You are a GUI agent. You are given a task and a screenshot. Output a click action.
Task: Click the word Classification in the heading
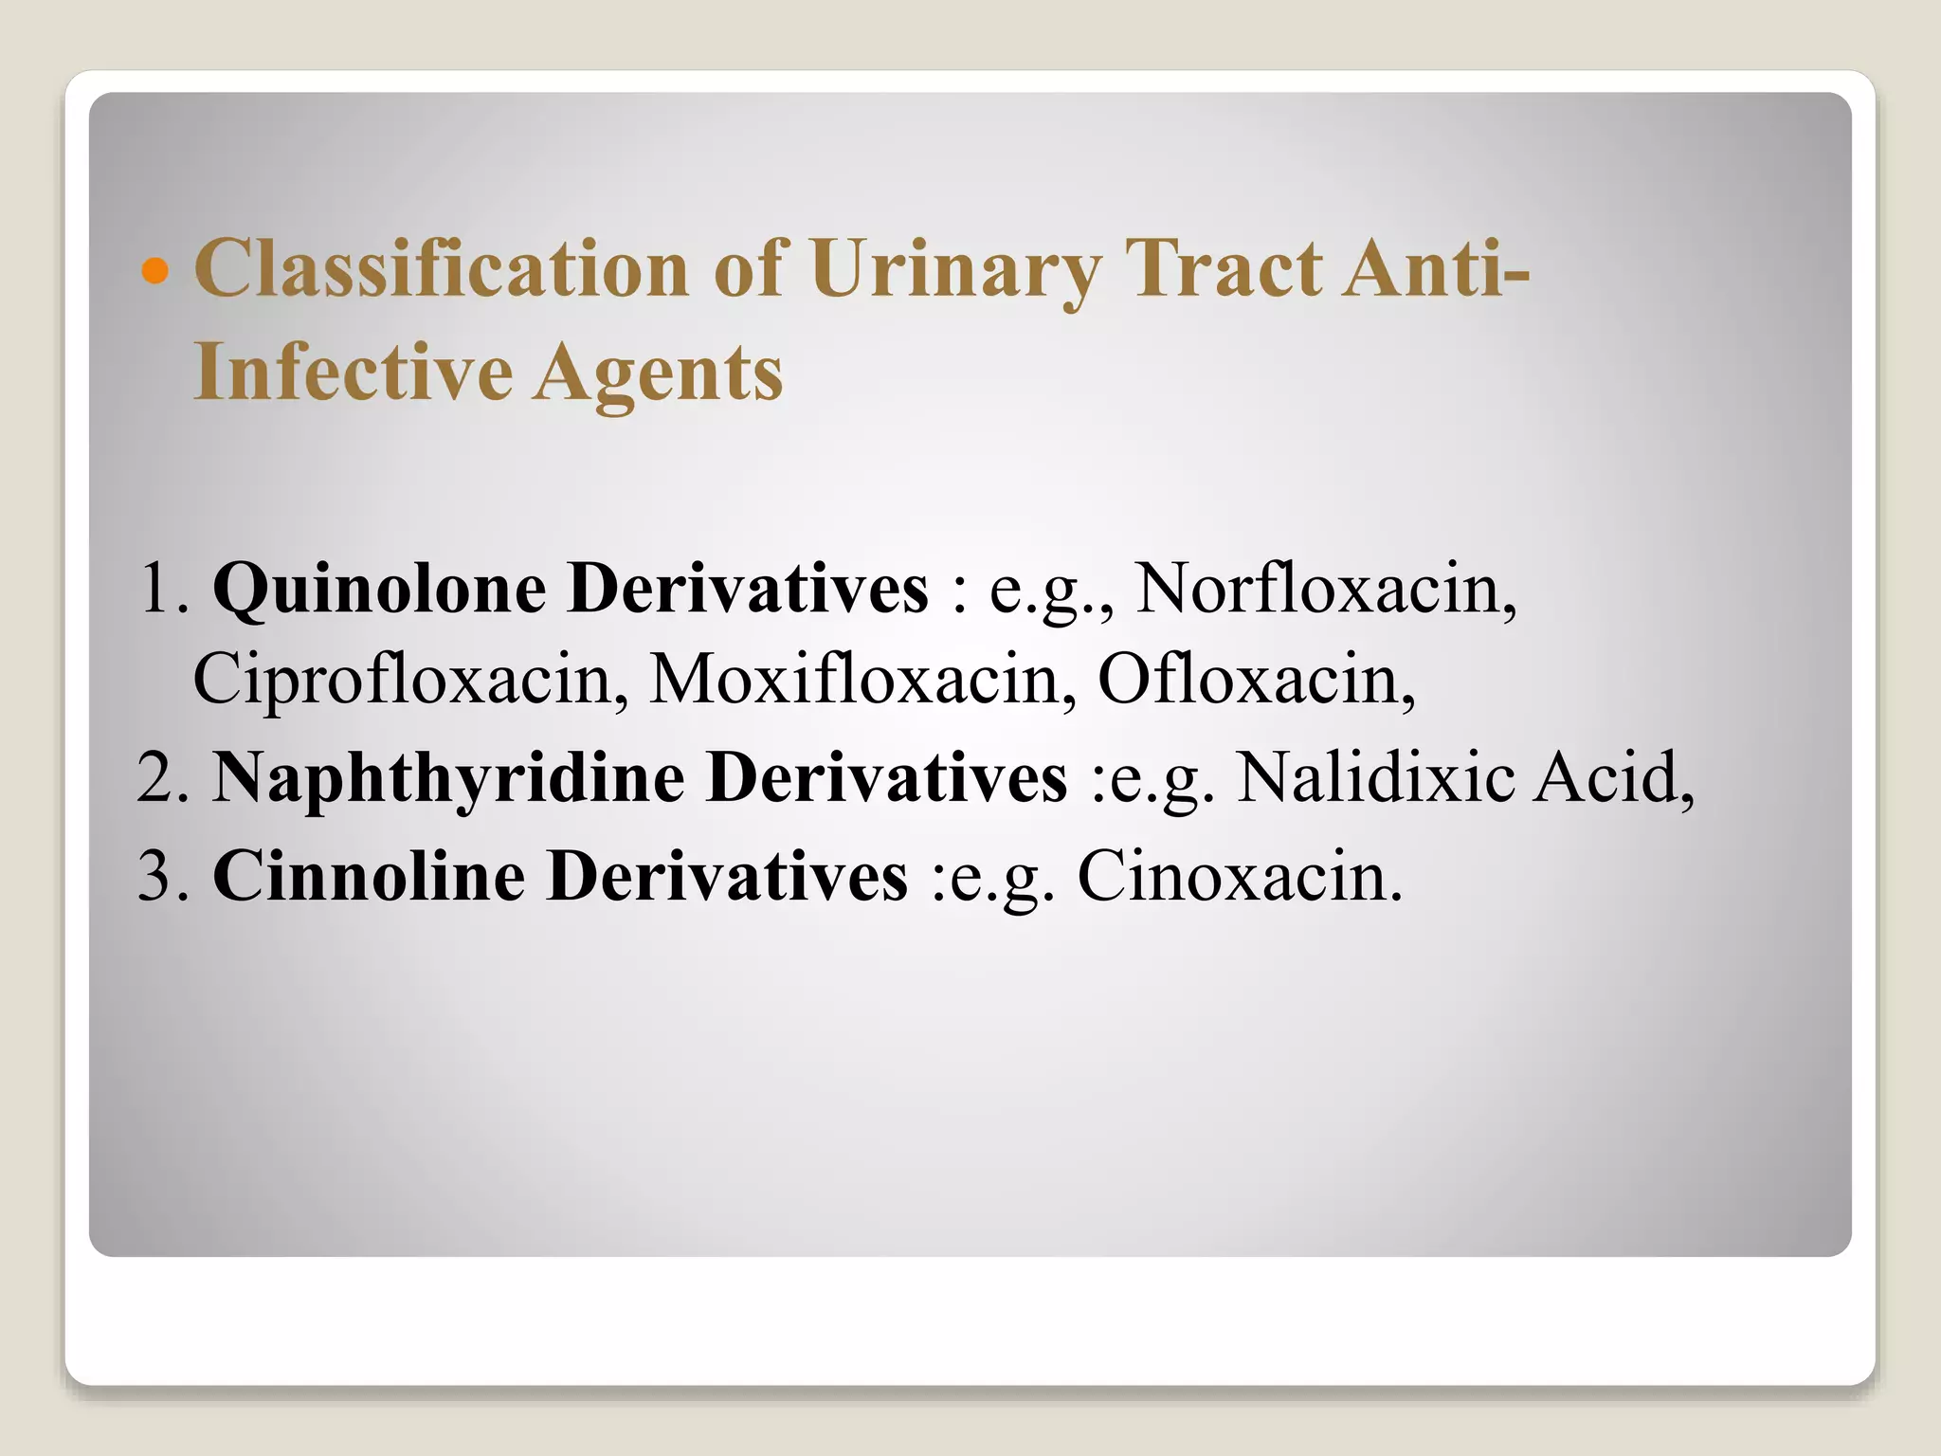pyautogui.click(x=441, y=268)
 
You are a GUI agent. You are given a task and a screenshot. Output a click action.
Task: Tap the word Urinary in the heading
pyautogui.click(x=954, y=268)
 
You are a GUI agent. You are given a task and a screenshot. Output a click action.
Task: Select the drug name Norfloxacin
pyautogui.click(x=1324, y=588)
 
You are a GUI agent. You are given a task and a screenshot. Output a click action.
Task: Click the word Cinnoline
pyautogui.click(x=368, y=875)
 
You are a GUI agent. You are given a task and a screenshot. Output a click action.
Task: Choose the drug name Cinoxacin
pyautogui.click(x=1239, y=875)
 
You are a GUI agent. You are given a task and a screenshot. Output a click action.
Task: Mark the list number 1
pyautogui.click(x=156, y=589)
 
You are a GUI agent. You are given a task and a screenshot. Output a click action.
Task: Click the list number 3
pyautogui.click(x=156, y=875)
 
